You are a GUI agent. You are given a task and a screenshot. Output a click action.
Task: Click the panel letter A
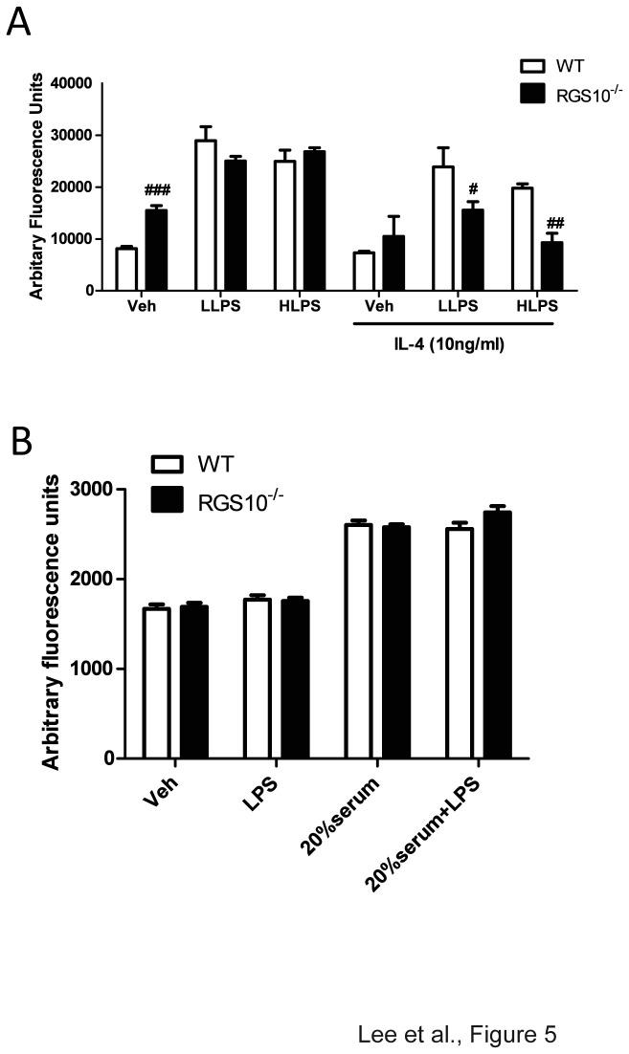(x=18, y=21)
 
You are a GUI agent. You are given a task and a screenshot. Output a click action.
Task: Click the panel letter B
(x=20, y=442)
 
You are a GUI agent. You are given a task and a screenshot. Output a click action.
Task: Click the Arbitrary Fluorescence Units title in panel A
(x=36, y=187)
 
